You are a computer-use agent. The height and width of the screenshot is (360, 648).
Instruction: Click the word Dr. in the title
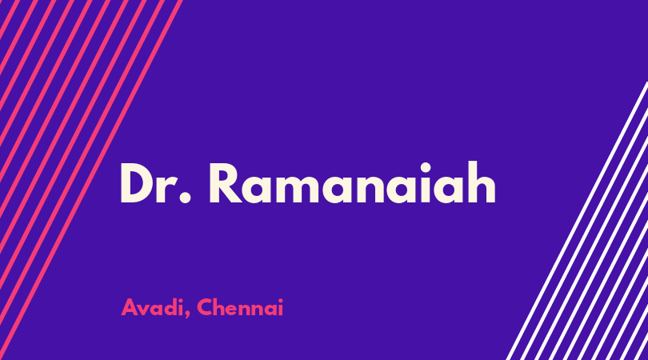[155, 183]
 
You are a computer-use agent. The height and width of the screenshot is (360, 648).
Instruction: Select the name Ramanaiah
[353, 182]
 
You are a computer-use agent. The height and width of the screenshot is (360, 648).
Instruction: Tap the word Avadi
[153, 307]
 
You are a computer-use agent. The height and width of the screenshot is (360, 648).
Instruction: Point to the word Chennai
[240, 307]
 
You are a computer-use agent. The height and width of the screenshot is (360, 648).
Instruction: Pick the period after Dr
[186, 198]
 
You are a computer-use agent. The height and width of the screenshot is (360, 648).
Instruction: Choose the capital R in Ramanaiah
[226, 183]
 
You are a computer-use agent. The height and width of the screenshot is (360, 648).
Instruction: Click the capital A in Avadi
[129, 307]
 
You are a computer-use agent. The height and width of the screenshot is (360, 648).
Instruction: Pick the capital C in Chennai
[205, 307]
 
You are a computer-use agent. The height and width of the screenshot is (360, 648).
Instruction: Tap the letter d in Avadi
[169, 307]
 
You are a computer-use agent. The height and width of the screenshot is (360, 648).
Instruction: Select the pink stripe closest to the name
[90, 180]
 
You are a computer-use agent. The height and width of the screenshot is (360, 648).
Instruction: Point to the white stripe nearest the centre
[577, 221]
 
